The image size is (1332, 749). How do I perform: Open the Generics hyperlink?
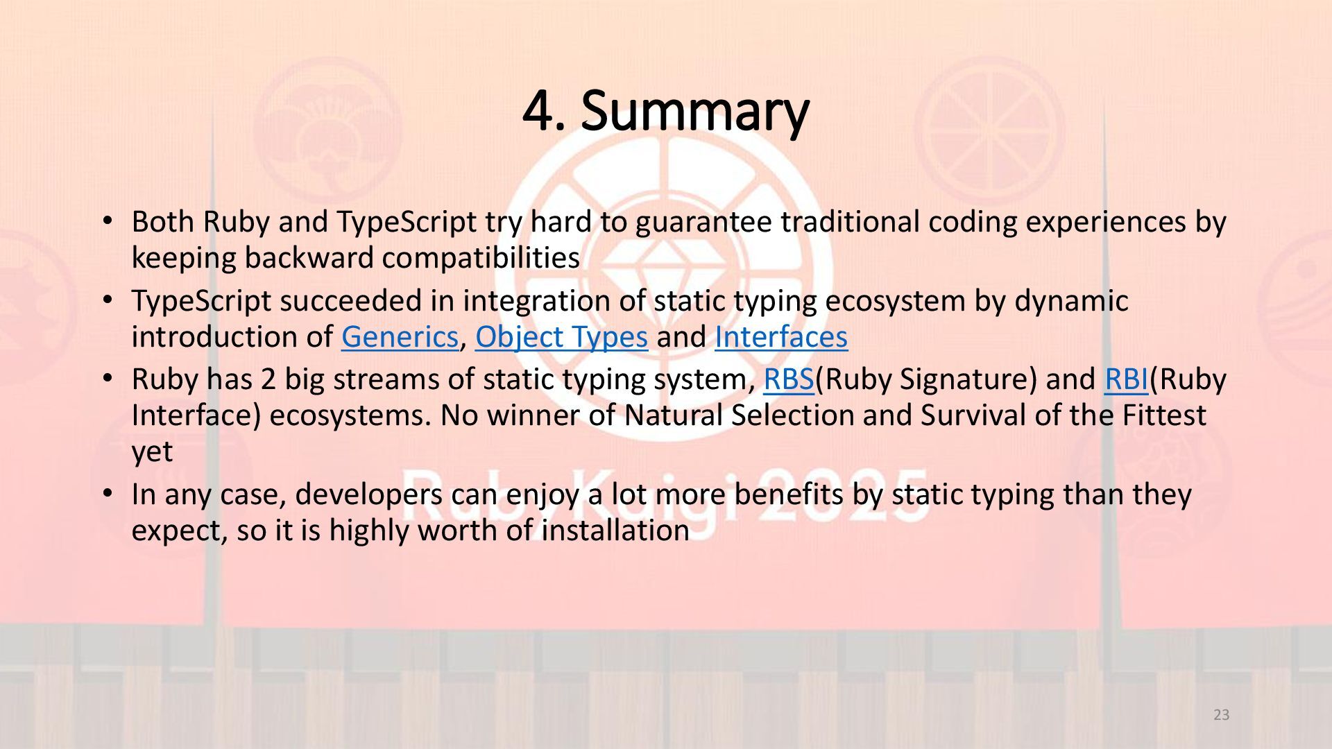pyautogui.click(x=400, y=337)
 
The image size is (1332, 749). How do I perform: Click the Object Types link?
pyautogui.click(x=561, y=338)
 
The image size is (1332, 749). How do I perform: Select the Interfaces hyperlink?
pyautogui.click(x=781, y=337)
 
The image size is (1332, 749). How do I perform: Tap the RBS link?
pyautogui.click(x=789, y=379)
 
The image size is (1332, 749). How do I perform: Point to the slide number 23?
pyautogui.click(x=1222, y=715)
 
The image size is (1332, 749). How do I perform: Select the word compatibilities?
pyautogui.click(x=481, y=259)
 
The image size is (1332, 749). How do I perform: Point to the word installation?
pyautogui.click(x=615, y=531)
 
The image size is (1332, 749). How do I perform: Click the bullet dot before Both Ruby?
pyautogui.click(x=107, y=221)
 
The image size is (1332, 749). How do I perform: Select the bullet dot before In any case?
pyautogui.click(x=107, y=494)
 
